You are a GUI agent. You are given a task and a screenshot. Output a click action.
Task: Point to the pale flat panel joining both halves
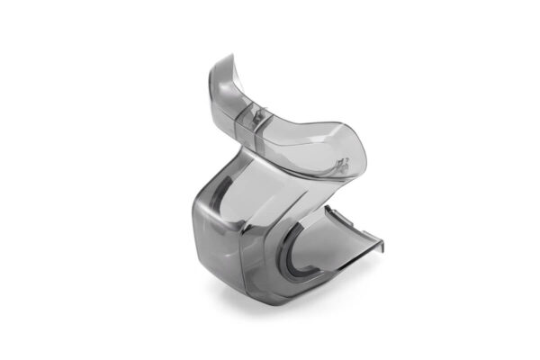pos(270,189)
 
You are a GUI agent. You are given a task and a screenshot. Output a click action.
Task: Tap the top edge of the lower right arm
pos(351,220)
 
